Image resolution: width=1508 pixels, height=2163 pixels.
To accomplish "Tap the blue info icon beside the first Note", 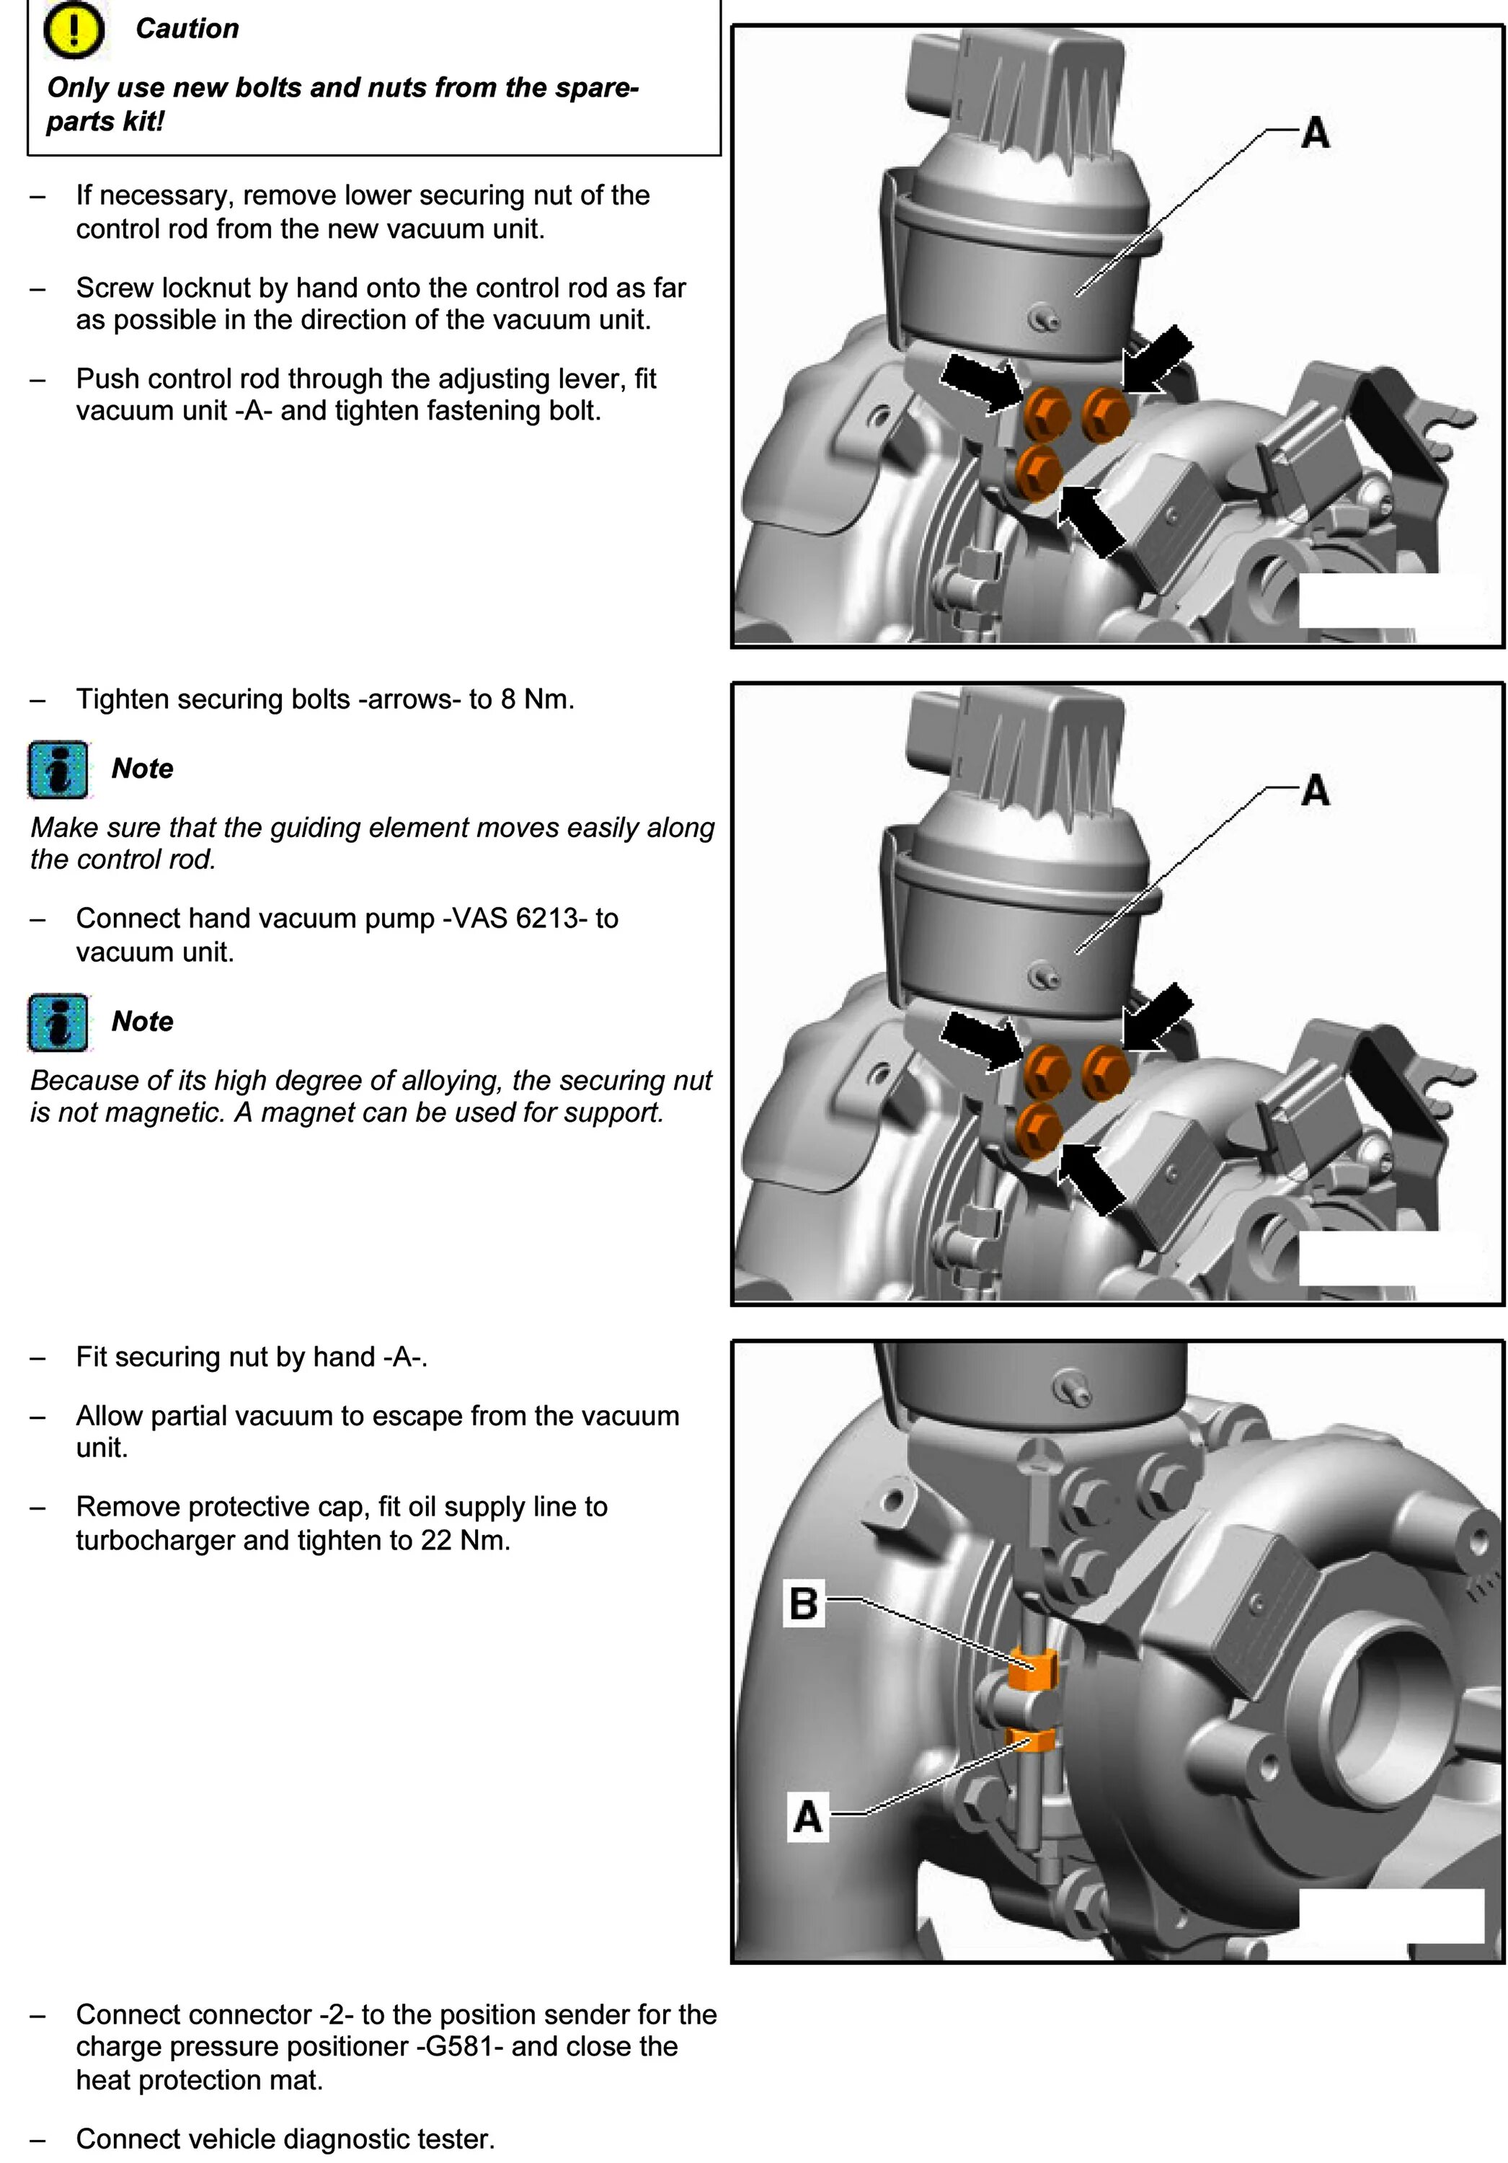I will point(58,770).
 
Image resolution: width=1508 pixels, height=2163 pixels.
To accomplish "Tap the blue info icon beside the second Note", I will point(58,1022).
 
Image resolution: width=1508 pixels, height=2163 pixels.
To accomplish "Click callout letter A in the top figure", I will point(1315,133).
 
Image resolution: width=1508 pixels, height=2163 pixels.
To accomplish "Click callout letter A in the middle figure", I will point(1315,790).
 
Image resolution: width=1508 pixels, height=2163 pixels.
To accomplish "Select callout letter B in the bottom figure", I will point(804,1604).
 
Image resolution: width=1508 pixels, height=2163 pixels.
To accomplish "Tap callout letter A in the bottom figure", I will point(807,1816).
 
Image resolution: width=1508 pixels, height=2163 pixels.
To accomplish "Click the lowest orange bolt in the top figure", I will point(1041,468).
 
